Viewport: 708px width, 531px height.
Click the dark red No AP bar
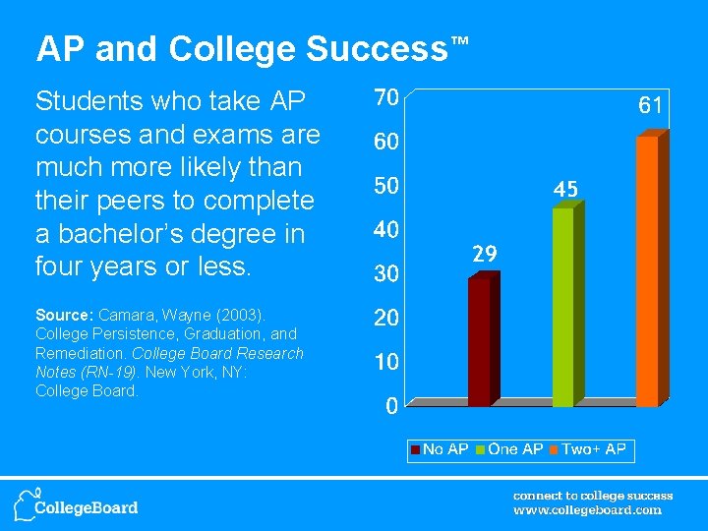(x=479, y=341)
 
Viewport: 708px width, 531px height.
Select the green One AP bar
(x=562, y=307)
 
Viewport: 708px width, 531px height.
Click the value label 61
(x=650, y=104)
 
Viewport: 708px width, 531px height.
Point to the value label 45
(x=564, y=188)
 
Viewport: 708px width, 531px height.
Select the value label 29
(x=483, y=254)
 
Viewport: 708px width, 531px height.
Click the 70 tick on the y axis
(x=384, y=97)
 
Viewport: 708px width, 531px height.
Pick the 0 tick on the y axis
(x=390, y=404)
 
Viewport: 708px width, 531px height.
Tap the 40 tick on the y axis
(x=384, y=229)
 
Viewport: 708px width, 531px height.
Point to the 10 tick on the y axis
(x=384, y=361)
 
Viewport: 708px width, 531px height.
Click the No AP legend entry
(x=440, y=449)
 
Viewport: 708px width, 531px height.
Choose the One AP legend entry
(x=508, y=449)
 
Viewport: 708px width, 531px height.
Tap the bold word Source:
(x=63, y=316)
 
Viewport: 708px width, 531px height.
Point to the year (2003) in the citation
(x=235, y=316)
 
